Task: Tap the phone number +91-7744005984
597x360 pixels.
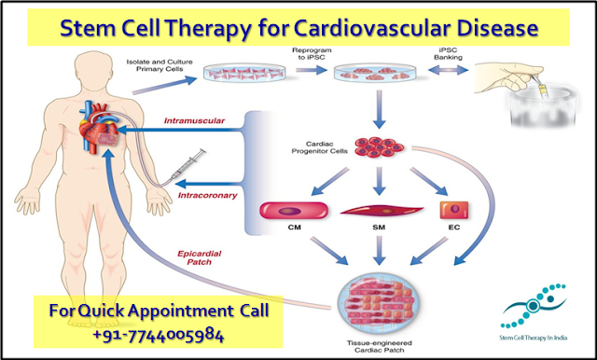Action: point(139,331)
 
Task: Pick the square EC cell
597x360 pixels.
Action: point(457,208)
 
